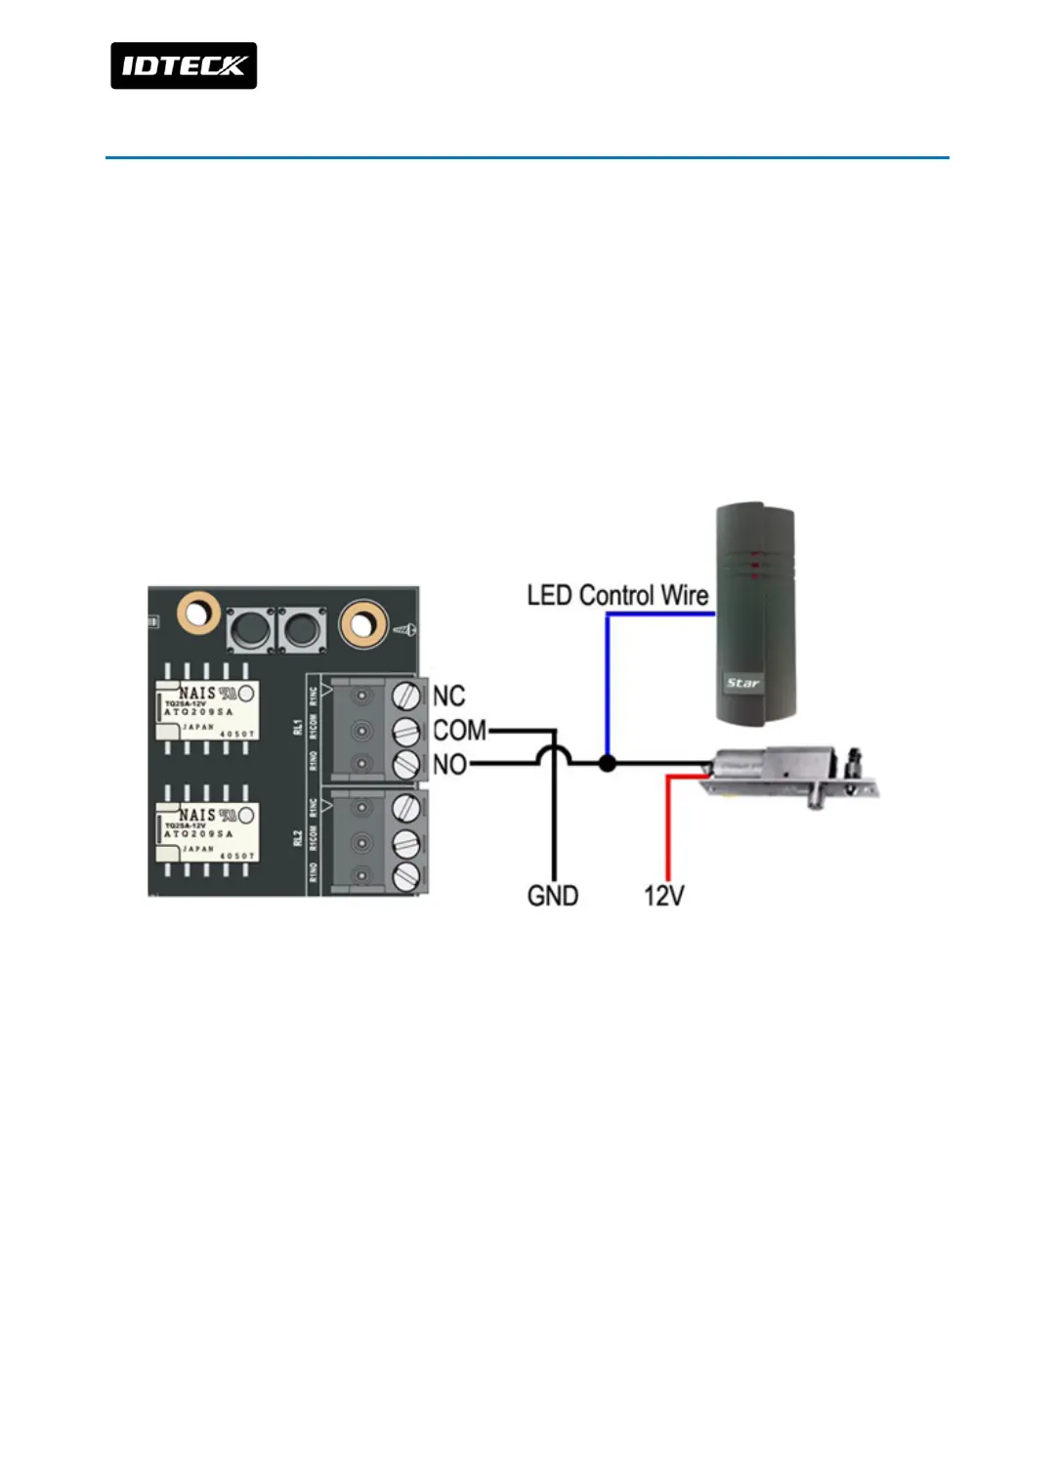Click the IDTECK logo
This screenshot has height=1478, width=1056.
point(184,65)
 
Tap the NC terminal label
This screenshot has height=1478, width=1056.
point(448,696)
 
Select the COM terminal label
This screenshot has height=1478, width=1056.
point(459,730)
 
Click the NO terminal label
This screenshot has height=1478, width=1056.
point(449,764)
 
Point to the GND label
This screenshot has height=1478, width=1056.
point(553,896)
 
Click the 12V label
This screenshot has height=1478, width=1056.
point(664,896)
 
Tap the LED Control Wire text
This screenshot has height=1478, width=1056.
point(617,595)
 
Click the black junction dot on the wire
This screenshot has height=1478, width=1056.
point(607,763)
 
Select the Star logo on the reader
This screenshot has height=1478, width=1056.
point(742,682)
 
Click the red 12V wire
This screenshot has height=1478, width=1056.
point(668,830)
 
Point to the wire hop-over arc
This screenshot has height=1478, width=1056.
point(554,752)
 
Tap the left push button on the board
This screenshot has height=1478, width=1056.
point(250,629)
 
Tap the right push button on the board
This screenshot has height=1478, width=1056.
point(302,629)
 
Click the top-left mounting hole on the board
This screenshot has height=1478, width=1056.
point(198,613)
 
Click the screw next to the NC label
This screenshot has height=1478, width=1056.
point(405,696)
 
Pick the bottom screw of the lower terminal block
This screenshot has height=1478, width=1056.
point(405,875)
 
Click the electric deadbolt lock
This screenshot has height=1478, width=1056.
point(791,774)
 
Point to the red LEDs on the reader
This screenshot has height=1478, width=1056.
point(754,564)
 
